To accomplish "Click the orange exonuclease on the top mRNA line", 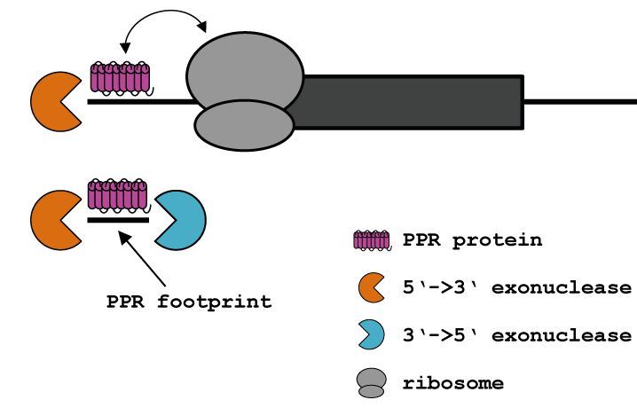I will point(53,101).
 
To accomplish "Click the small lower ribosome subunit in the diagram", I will point(244,125).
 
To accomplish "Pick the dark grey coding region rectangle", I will point(408,101).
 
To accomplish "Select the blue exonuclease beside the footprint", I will point(178,218).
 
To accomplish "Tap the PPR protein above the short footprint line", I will point(117,196).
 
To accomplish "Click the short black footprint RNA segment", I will point(118,219).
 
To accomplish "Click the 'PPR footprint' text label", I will point(188,301).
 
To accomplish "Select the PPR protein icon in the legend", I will point(372,240).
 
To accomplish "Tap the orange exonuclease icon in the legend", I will point(370,288).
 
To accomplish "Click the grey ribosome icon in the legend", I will point(372,382).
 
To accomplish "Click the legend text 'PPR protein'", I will point(472,240).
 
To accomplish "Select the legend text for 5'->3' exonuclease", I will point(516,288).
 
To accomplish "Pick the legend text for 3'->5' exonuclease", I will point(516,335).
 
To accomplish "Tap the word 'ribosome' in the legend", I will point(452,383).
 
